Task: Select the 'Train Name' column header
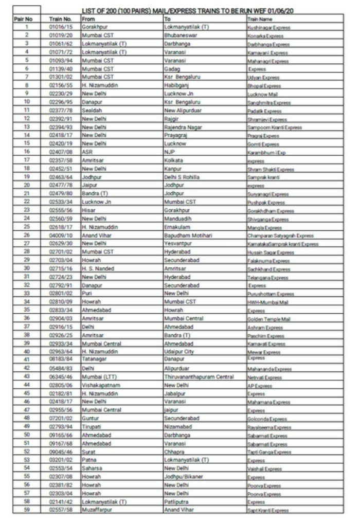click(x=257, y=19)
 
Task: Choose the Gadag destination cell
click(x=171, y=68)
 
